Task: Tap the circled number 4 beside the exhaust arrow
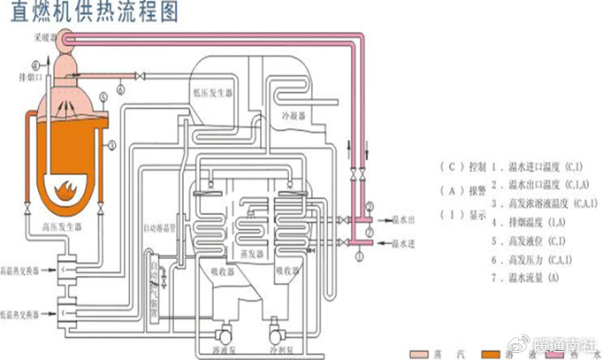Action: (x=35, y=65)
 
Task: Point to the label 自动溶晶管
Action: (x=162, y=227)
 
